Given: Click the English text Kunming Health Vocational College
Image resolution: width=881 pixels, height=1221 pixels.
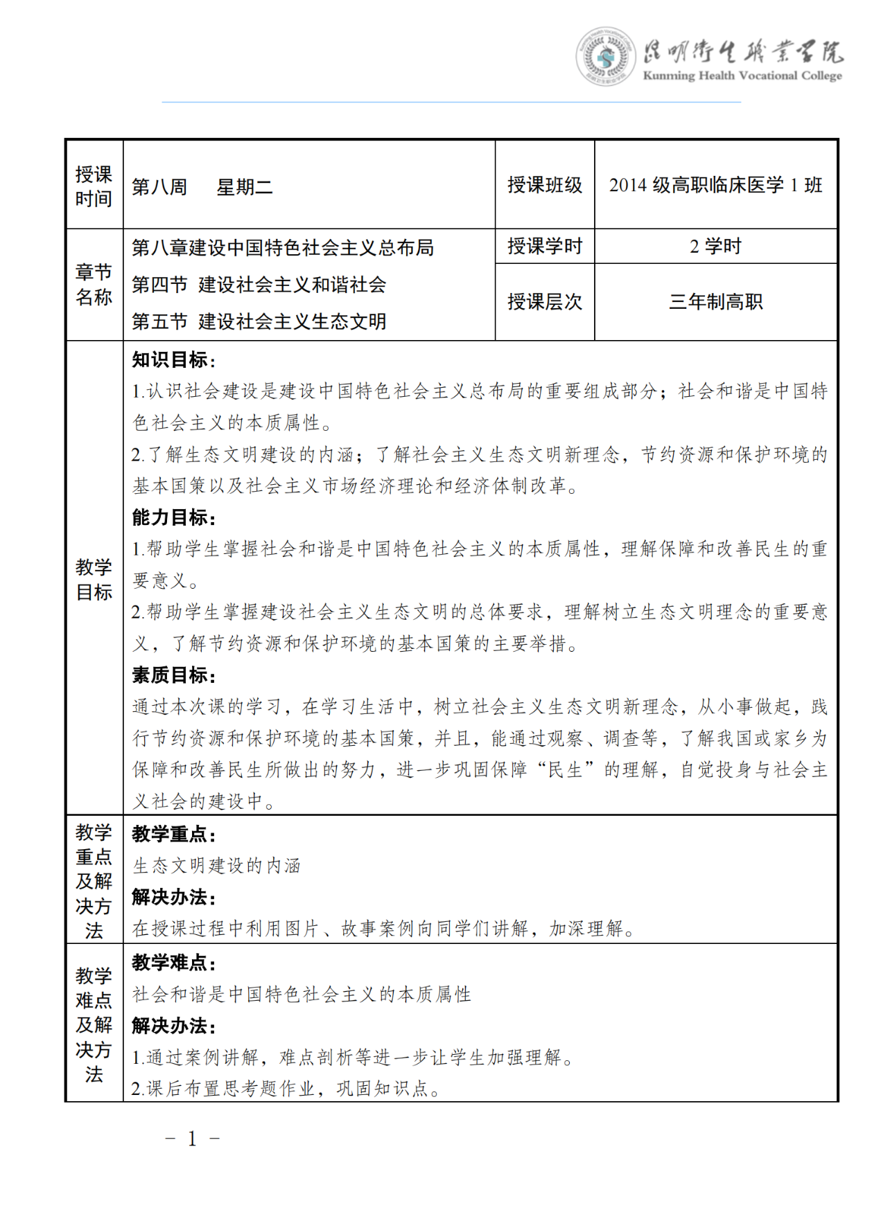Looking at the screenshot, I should pos(742,75).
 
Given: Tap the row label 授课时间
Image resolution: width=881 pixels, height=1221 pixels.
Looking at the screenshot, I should pos(94,186).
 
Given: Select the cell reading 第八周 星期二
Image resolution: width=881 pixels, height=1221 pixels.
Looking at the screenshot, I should pos(202,187).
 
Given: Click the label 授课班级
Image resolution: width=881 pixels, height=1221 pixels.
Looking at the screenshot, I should pos(545,185).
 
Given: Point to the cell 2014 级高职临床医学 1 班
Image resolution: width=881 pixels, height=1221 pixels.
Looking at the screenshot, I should pos(715,185).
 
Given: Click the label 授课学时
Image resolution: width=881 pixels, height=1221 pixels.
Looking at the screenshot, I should pos(545,246).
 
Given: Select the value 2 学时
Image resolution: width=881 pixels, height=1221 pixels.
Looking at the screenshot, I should pos(715,246).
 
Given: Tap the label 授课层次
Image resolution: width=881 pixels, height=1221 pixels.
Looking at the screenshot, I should pos(545,302).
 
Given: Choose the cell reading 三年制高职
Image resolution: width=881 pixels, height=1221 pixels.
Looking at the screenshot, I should pos(715,302).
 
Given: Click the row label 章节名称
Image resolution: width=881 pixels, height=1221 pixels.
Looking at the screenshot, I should pos(94,285).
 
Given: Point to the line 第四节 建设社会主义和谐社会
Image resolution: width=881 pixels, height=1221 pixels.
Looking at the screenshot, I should pos(259,285).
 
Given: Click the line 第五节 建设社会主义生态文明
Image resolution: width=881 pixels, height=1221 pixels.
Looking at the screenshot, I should pos(259,321).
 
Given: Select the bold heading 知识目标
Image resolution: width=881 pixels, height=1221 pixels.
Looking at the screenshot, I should pos(174,360).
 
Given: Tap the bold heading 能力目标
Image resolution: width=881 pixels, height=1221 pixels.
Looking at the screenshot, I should pos(174,517).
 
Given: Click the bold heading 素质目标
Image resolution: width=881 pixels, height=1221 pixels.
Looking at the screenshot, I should pos(174,675).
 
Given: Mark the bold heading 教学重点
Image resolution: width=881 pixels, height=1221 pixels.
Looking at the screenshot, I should pos(174,834).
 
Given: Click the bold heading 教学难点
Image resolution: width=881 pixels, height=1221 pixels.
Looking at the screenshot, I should pos(174,963).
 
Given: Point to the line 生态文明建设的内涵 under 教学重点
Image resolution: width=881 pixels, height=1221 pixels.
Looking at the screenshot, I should pos(216,866).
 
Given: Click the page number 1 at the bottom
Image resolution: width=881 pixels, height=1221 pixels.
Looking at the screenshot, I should pos(192,1139).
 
